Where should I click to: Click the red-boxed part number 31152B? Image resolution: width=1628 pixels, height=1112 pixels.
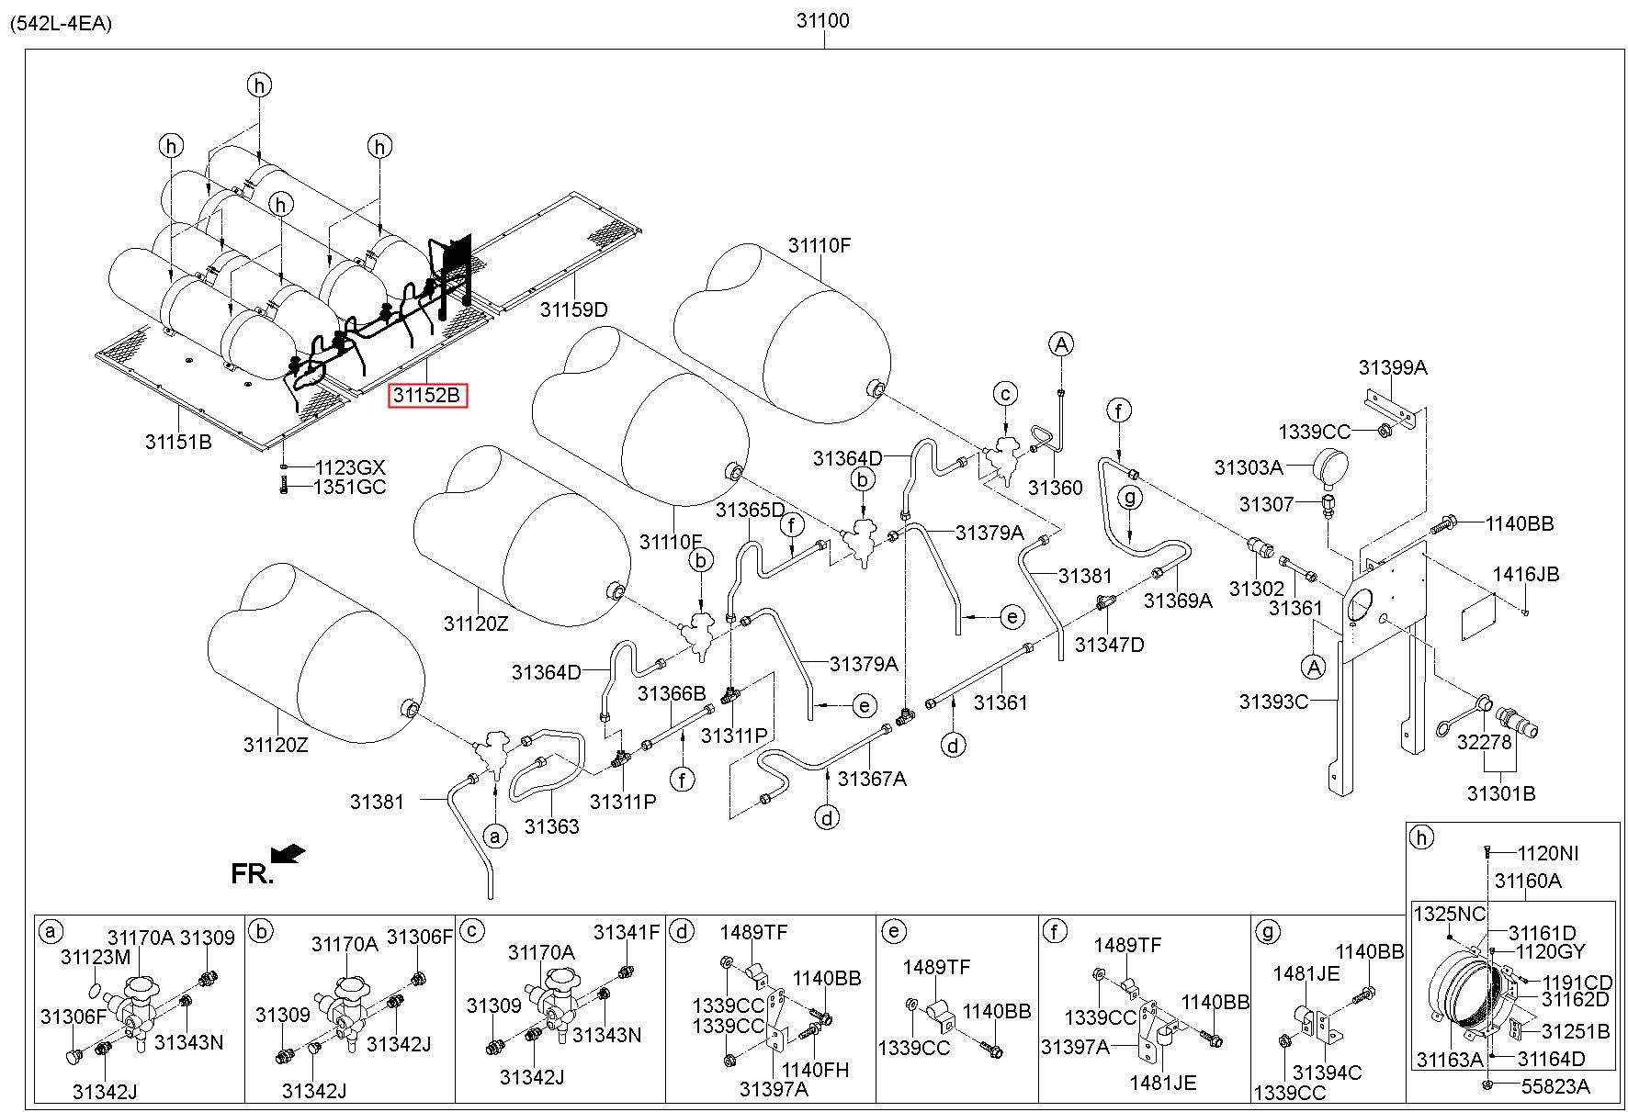428,396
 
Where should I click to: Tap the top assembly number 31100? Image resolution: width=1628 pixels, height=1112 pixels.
822,20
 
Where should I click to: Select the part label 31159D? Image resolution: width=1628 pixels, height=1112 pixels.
574,309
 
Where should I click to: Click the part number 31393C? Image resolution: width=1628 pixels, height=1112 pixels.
1273,702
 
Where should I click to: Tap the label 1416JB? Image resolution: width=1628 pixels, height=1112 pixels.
1526,575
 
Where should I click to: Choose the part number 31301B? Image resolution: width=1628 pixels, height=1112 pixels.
1501,792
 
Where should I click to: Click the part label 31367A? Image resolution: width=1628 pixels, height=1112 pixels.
873,779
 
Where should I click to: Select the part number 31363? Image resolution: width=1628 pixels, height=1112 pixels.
552,826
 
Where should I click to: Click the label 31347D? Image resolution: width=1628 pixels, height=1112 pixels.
1110,645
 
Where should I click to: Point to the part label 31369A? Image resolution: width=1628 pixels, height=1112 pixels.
1178,601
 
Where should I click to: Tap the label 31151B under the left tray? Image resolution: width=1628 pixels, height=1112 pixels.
178,442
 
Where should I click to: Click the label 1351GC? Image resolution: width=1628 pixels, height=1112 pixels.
350,487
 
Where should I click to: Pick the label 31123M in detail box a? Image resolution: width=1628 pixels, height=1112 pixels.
96,958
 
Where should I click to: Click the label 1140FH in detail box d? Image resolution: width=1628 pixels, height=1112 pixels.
815,1070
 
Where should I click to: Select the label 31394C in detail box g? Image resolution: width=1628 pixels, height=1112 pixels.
1327,1072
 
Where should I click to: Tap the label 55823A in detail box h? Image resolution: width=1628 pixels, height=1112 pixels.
1555,1086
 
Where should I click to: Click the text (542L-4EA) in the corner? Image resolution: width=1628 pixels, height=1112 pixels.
61,24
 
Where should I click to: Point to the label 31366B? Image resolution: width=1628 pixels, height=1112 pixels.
672,693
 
